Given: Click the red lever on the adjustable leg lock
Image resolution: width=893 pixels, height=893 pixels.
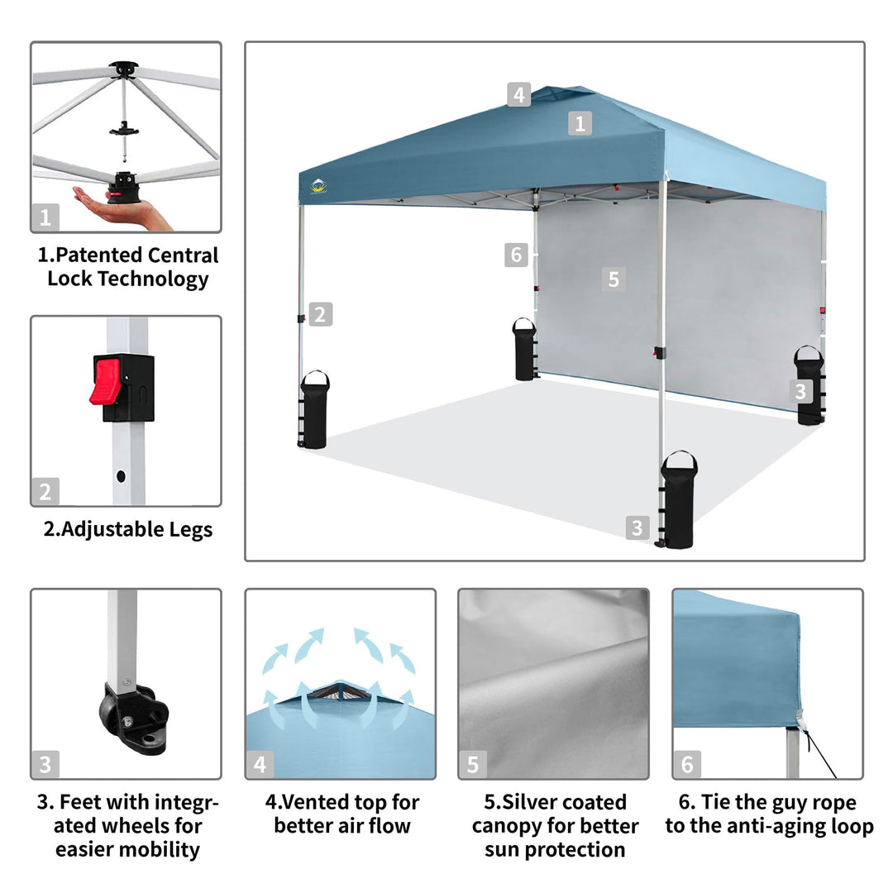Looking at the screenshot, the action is coord(105,381).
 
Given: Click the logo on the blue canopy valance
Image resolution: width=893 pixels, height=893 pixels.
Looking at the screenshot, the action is coord(318,186).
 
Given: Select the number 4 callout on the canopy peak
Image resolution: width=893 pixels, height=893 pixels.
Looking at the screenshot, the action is coord(518,94).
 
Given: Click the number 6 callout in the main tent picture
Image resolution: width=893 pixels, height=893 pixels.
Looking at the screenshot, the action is coord(516,255).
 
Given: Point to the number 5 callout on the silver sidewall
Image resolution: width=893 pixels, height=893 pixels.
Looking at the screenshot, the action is coord(614,279).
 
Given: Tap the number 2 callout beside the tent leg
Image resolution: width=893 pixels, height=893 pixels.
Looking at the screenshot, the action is coord(320,314).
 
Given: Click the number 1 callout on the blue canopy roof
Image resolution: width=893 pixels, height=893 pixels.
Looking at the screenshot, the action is coord(580,123).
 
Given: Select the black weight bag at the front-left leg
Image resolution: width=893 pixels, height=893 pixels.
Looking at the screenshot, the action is coord(314,409).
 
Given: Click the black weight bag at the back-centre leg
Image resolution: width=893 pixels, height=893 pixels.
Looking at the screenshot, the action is coord(524,349).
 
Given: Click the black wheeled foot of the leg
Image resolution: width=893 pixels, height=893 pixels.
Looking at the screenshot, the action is coord(135,716).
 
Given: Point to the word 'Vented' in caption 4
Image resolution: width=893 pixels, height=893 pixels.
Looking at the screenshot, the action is coord(315,802).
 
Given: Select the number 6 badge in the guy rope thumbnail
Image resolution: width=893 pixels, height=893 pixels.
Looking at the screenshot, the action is coord(687,765).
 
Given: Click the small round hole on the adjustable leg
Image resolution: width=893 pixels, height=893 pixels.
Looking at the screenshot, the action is coord(121,476).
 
